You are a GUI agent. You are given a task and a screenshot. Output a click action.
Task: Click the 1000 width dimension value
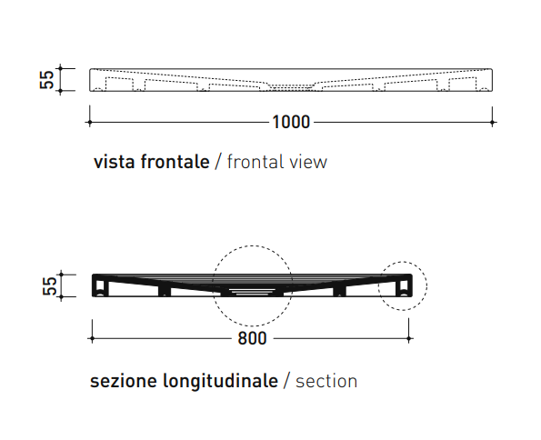[x=291, y=122]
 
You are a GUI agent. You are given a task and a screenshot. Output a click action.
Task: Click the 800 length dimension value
[x=252, y=338]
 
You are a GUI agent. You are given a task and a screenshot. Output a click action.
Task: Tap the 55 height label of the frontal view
[x=46, y=80]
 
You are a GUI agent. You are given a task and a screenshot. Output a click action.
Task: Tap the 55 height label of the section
[x=49, y=285]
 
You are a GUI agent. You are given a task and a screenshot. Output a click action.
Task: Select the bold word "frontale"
[x=175, y=161]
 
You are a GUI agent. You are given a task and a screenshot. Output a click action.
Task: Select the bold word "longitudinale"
[x=220, y=381]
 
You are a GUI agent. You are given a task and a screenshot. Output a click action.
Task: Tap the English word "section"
[x=326, y=381]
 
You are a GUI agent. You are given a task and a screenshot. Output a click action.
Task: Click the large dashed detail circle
[x=253, y=245]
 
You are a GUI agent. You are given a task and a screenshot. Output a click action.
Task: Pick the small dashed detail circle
[x=403, y=262]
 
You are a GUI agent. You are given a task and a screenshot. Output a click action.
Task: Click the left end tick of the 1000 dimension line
[x=90, y=122]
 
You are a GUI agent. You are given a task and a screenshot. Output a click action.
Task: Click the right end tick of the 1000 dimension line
[x=492, y=122]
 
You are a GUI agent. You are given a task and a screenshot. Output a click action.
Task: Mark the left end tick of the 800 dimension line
[x=92, y=338]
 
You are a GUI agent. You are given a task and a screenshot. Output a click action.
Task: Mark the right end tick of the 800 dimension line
[x=409, y=338]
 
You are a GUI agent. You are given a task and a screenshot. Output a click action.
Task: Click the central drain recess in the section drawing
[x=253, y=293]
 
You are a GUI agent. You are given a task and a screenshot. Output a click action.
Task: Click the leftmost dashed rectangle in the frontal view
[x=119, y=84]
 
